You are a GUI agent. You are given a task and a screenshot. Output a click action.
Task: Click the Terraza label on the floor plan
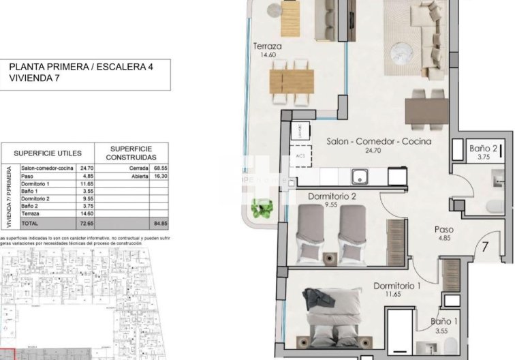pyautogui.click(x=267, y=46)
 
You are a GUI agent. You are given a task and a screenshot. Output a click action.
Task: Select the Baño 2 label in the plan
pyautogui.click(x=483, y=148)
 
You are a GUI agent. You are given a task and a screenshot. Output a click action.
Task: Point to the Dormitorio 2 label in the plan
pyautogui.click(x=332, y=196)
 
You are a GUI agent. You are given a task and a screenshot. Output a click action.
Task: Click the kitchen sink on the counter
pyautogui.click(x=361, y=177)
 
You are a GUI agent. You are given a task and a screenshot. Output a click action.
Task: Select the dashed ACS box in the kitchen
pyautogui.click(x=300, y=156)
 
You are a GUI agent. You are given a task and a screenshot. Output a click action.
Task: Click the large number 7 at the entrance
pyautogui.click(x=486, y=248)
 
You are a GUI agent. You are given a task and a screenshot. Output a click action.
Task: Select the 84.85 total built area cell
pyautogui.click(x=161, y=223)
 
